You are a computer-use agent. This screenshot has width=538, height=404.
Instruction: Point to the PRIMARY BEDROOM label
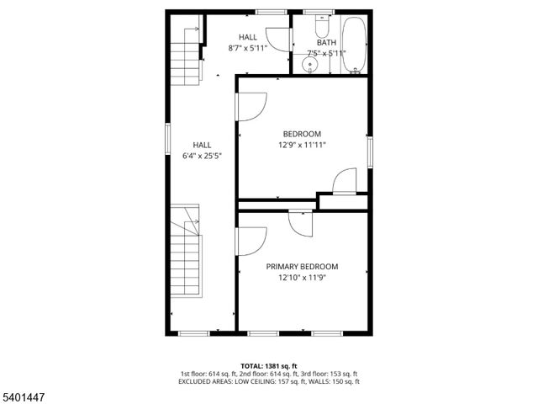pos(302,267)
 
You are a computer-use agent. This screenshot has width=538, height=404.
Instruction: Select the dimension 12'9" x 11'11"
pos(302,145)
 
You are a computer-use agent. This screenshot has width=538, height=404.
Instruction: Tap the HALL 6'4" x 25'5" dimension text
pos(202,156)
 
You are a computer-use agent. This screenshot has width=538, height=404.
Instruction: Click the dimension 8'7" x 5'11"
pos(247,48)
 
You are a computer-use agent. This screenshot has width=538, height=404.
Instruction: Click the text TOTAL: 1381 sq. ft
pos(268,364)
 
